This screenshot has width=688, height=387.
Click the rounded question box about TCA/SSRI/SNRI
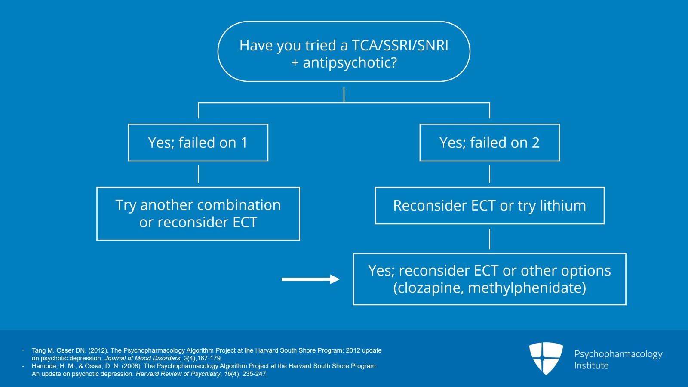344,52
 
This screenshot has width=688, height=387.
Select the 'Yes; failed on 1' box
198,142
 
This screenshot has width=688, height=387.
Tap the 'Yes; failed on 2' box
489,142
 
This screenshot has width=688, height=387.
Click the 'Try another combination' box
198,214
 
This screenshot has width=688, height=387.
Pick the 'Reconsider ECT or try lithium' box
489,206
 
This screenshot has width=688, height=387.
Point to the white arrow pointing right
310,279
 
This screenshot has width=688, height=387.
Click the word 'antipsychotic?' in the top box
350,63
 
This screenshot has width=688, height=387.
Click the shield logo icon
546,358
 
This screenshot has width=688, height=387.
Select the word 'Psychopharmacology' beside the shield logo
618,354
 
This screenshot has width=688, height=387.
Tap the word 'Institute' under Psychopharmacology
591,366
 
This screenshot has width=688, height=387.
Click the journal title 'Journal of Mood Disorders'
143,358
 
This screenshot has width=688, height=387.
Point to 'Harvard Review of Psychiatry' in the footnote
178,374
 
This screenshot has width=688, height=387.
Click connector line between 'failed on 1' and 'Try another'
198,174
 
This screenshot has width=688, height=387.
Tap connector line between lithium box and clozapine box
489,239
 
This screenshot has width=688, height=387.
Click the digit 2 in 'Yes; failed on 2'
535,142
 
